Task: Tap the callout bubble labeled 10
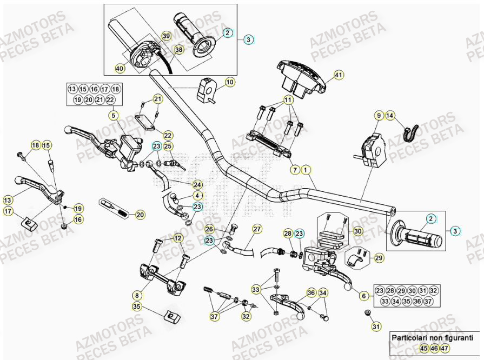tap(230, 82)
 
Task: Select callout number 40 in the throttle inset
tap(120, 68)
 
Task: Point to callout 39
tap(166, 36)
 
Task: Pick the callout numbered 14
tap(390, 115)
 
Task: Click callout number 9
tap(379, 115)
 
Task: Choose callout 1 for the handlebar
tap(306, 170)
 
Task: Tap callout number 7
tap(295, 170)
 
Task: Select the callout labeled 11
tap(288, 100)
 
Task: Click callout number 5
tap(112, 115)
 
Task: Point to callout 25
tap(168, 146)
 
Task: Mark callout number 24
tap(197, 184)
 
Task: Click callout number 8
tap(137, 296)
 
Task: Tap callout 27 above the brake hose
tap(256, 229)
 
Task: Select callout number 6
tap(363, 296)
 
